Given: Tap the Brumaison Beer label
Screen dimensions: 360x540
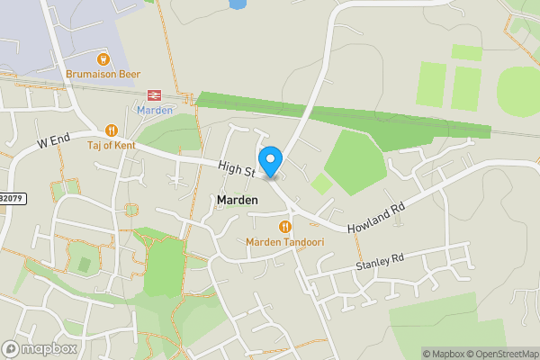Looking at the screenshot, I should tap(103, 76).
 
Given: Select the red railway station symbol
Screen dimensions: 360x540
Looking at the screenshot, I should tap(154, 94).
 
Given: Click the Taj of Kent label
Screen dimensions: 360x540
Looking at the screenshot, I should tap(112, 145).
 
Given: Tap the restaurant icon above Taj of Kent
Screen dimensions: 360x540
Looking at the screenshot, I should tap(112, 130).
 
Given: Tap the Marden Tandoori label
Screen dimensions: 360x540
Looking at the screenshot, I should tap(285, 242).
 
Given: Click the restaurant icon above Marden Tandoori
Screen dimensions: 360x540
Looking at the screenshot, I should tap(285, 227).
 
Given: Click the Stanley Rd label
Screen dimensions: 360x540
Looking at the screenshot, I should tap(379, 262).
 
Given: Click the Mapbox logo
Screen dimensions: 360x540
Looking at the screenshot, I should tap(40, 348).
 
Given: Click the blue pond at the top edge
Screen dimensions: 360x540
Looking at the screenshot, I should tap(238, 4).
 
